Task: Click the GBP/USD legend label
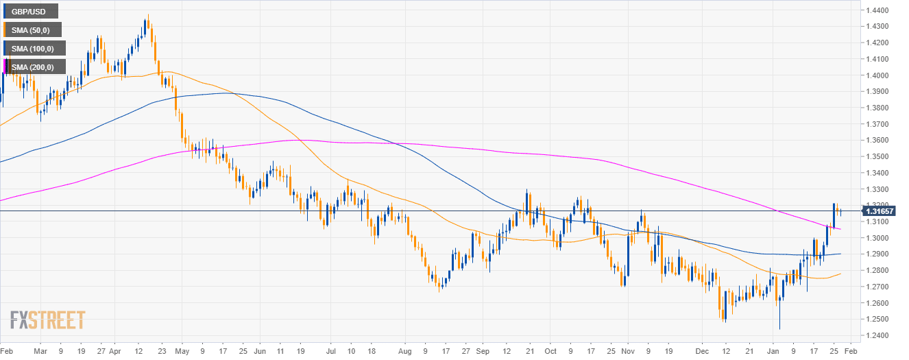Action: tap(29, 11)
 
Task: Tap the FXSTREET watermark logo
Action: tap(47, 320)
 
